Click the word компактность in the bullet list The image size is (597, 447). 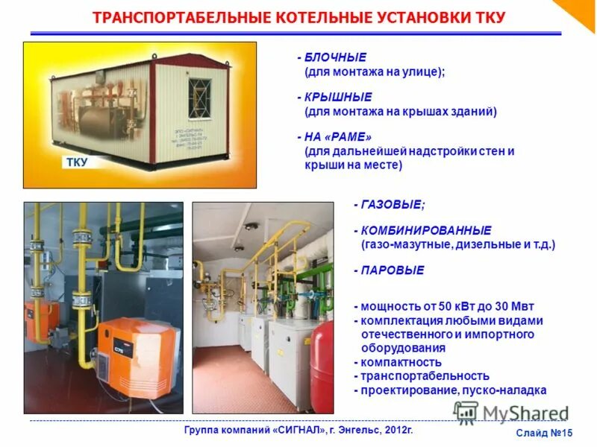point(396,361)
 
